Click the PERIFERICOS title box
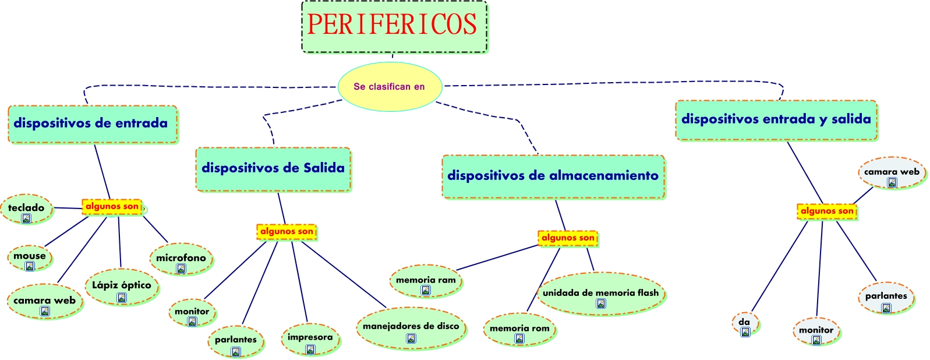394,26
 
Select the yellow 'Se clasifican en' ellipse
390,87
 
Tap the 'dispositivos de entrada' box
92,123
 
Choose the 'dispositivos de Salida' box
273,169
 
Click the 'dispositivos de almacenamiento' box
553,176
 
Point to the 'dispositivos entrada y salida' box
776,120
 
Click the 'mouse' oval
30,257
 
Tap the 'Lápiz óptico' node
122,287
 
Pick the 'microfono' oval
181,259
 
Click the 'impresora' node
310,340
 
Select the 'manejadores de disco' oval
411,329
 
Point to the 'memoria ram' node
426,282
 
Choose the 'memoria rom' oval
519,330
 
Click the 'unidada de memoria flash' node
600,294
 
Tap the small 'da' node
745,324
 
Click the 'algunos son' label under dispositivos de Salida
287,232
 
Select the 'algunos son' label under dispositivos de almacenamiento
568,238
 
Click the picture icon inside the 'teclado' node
26,218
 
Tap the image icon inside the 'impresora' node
310,350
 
